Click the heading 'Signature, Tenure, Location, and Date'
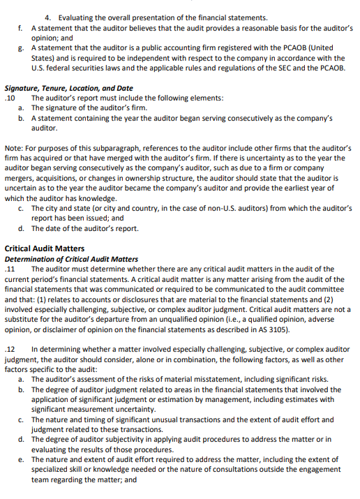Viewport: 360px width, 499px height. tap(68, 89)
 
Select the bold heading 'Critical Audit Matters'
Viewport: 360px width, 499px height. tap(44, 248)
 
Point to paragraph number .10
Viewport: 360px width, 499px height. tap(10, 98)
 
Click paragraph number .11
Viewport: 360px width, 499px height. tap(10, 269)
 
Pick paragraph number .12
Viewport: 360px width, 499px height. tap(10, 349)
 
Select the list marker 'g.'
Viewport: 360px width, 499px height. tap(22, 49)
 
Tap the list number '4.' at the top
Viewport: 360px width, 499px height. tap(47, 16)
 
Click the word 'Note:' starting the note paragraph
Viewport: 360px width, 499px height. tap(14, 149)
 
